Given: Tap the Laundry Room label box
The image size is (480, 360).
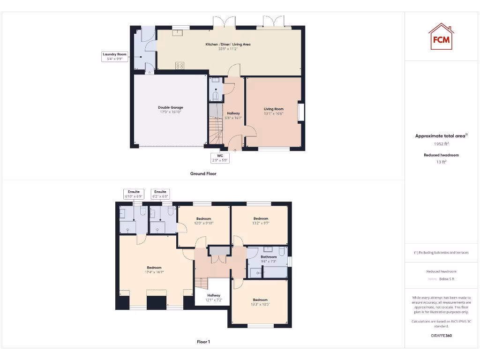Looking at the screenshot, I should point(115,57).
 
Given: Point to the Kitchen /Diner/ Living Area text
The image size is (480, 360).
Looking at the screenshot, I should point(228,44).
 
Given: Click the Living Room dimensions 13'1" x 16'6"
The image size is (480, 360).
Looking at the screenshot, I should point(274,113).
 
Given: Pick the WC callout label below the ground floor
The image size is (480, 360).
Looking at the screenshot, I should point(219,158).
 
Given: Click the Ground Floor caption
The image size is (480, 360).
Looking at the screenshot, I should point(203,173).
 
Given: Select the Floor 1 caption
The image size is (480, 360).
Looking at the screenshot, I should point(203,342).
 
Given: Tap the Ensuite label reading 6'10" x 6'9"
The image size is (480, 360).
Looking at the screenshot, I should point(133,194).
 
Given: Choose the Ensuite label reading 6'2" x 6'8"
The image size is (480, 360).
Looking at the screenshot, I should point(160,194).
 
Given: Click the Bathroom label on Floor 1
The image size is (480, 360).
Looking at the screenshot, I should point(269,257).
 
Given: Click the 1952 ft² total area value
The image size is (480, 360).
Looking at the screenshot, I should point(441,144).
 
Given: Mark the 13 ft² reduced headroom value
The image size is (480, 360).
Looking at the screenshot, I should point(441,162).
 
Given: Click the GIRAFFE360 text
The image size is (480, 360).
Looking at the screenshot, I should point(441,336).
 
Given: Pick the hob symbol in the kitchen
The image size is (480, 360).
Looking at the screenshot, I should point(180,66).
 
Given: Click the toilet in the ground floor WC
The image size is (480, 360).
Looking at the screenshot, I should point(215,97).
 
